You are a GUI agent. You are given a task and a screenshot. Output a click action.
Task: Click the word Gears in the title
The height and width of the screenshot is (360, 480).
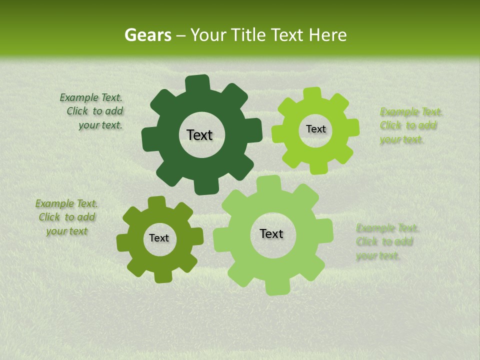(147, 35)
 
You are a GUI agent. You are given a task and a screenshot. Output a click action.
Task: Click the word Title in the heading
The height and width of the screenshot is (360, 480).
(249, 35)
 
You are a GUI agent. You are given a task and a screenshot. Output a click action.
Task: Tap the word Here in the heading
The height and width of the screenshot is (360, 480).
(328, 35)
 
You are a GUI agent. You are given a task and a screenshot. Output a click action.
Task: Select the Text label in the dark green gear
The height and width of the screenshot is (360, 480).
(199, 135)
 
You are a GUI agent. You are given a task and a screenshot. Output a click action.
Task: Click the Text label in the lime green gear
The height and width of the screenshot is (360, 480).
(315, 129)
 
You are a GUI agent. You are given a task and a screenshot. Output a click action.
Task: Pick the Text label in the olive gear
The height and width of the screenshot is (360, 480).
(159, 238)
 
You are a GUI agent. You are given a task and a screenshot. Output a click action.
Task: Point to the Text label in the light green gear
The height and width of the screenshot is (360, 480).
(271, 233)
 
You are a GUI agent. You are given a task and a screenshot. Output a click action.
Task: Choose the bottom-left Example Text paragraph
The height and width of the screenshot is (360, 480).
(66, 217)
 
